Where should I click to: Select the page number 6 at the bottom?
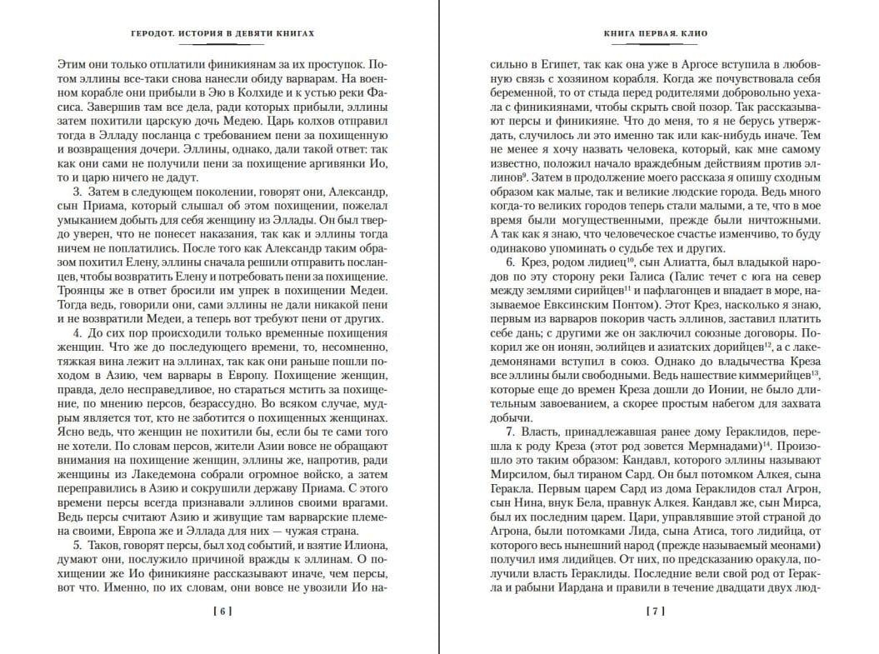(222, 610)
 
